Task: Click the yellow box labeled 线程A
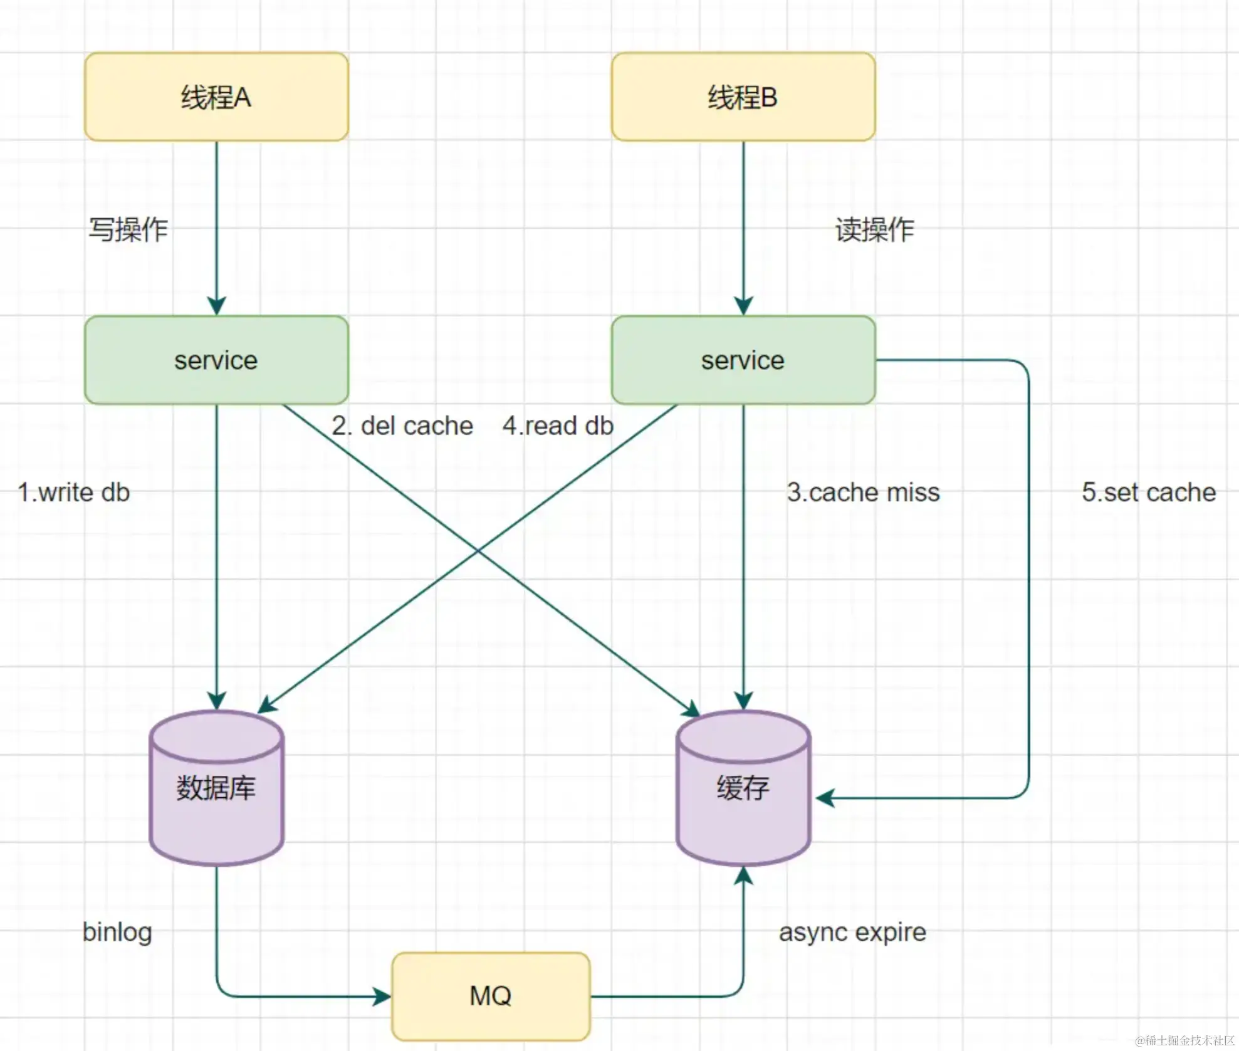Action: pos(216,97)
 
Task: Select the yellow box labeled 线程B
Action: pos(743,97)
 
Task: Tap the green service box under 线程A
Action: pos(216,360)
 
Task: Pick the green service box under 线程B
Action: pos(743,360)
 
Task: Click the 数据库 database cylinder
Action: pos(216,788)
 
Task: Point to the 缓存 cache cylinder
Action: pos(743,788)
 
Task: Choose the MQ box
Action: pos(491,996)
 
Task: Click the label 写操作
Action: pos(128,230)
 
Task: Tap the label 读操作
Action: pos(875,230)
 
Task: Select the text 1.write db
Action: pos(74,493)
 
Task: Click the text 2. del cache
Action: pos(402,426)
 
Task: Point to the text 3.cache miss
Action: pos(864,493)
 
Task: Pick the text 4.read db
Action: pos(558,426)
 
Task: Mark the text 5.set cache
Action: pos(1149,493)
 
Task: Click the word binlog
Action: pos(118,932)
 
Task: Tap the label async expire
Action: pos(852,932)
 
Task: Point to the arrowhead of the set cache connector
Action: pos(824,798)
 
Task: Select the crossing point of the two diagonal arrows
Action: pos(479,550)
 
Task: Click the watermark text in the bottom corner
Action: pos(1184,1040)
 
